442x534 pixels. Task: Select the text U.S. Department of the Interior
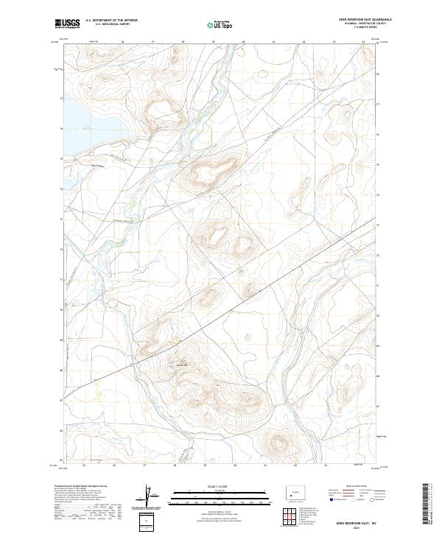click(111, 21)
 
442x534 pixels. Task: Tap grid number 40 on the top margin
click(243, 42)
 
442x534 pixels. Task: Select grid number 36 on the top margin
click(122, 42)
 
